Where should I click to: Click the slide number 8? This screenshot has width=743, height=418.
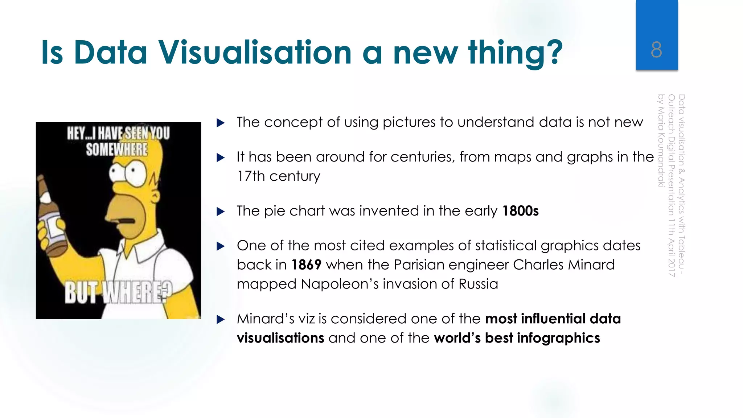click(656, 50)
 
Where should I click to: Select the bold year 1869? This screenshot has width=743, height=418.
click(306, 265)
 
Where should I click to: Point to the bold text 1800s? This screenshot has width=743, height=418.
click(520, 211)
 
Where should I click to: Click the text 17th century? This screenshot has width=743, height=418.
click(279, 176)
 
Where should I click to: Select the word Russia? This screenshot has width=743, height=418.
click(478, 284)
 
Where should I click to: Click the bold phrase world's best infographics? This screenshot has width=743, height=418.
click(517, 338)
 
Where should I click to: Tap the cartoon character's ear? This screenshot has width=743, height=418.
click(155, 197)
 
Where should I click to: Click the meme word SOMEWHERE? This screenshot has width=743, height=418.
click(117, 149)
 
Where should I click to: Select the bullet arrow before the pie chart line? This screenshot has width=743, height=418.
click(220, 212)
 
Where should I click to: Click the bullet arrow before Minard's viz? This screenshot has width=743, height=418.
click(220, 319)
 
